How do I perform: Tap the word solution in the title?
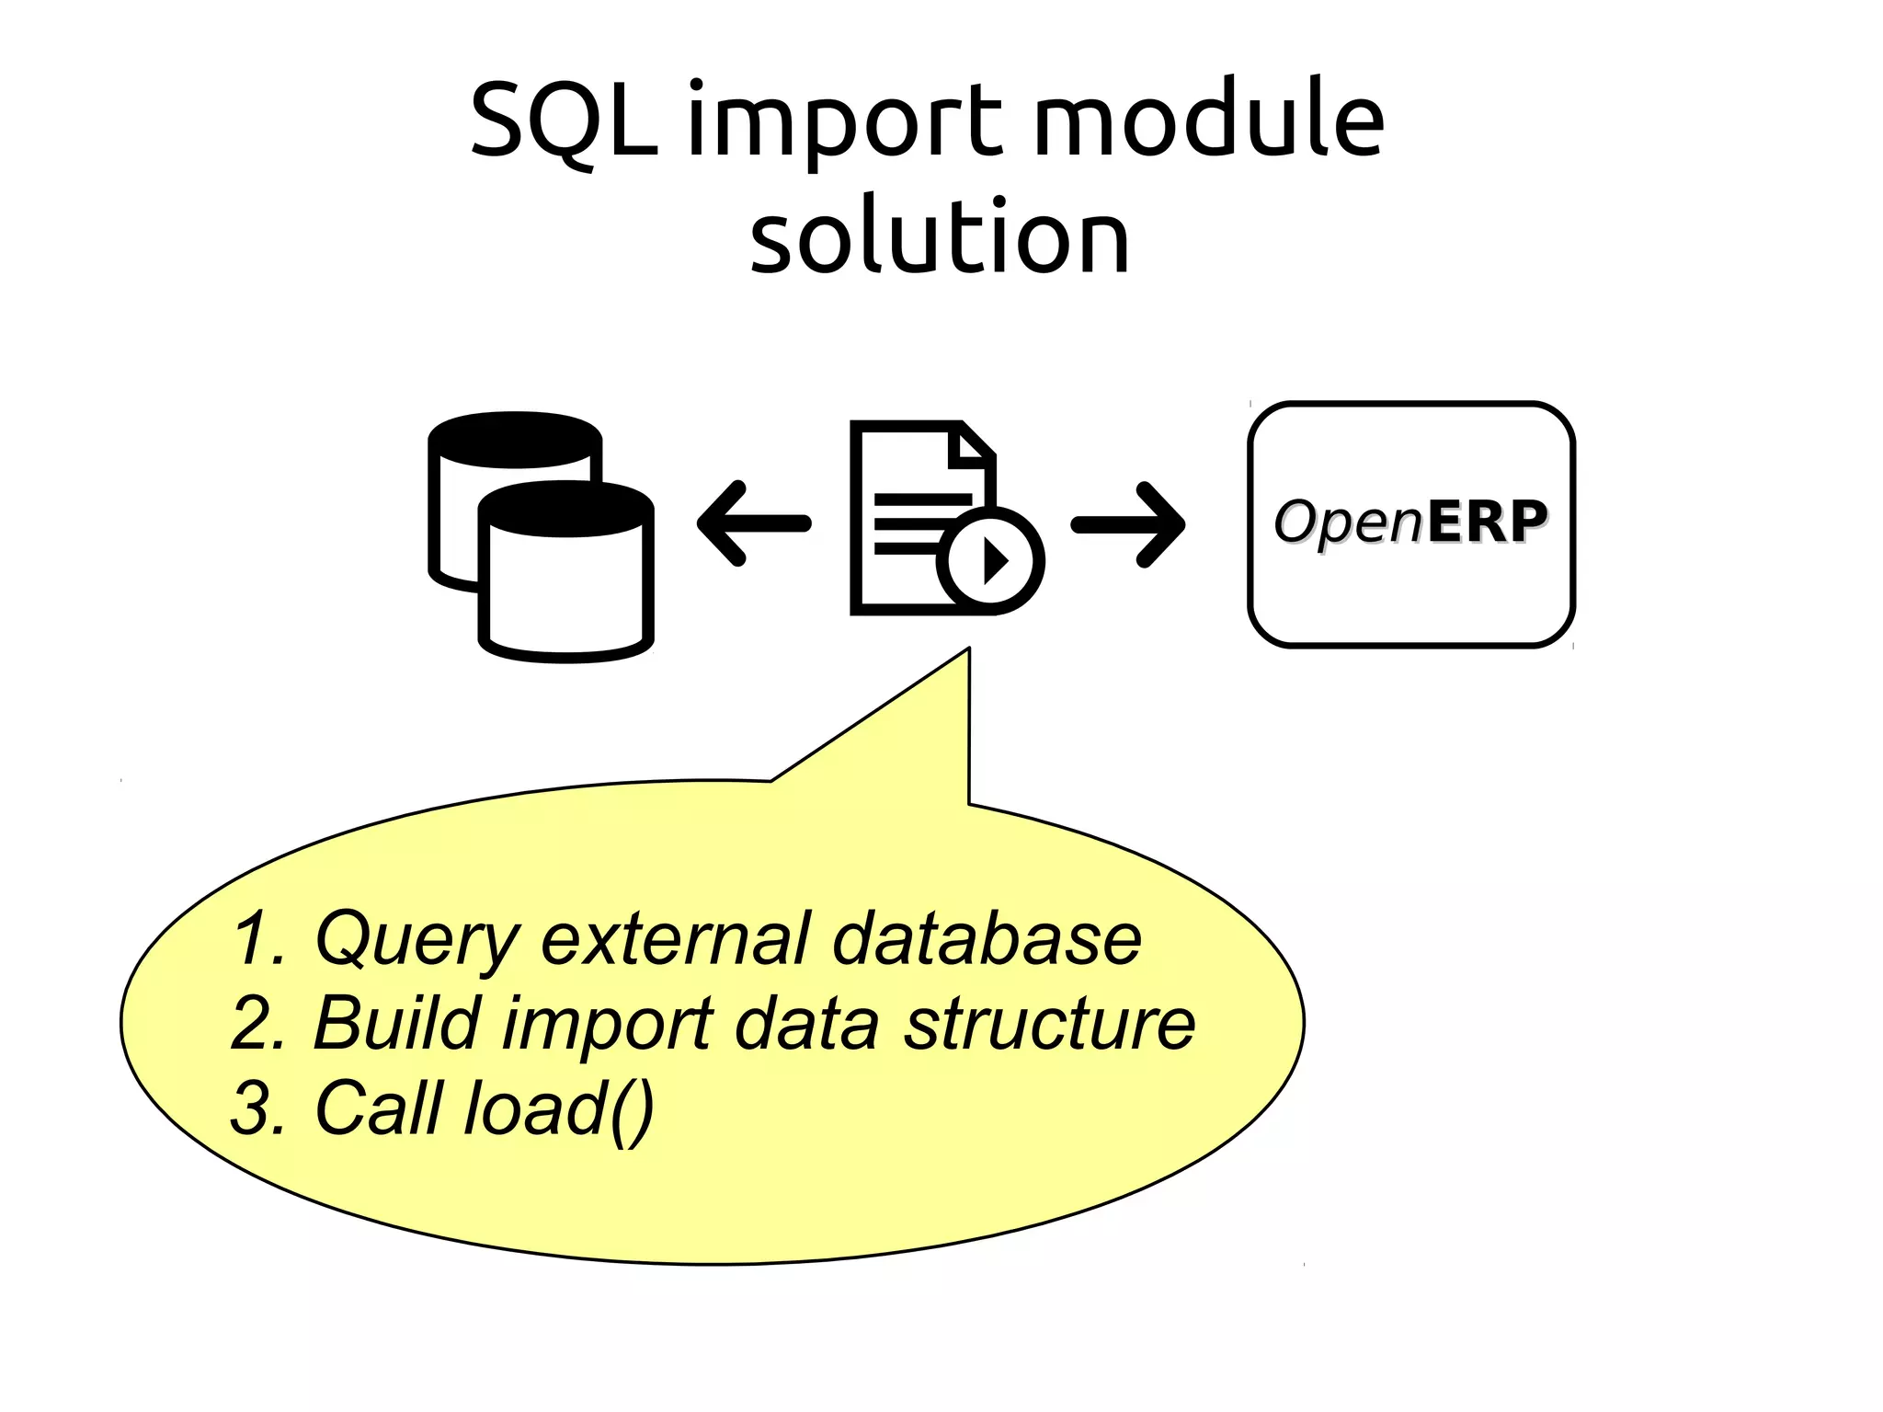click(940, 237)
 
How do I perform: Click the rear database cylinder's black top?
click(515, 438)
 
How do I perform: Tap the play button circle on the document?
click(990, 559)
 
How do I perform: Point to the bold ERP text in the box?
click(1487, 522)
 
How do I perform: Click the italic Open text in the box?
click(1349, 522)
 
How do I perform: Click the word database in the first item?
click(986, 938)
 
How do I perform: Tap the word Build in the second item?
click(396, 1022)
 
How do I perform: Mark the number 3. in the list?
click(257, 1108)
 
